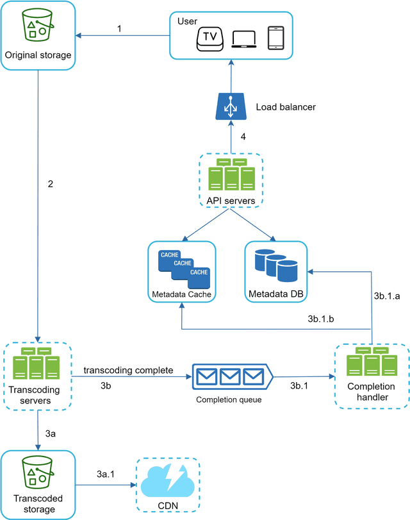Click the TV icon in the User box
(209, 38)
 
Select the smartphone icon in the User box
(275, 38)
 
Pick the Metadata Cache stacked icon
(183, 265)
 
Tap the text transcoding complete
(128, 371)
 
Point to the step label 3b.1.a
(387, 296)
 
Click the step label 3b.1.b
(322, 319)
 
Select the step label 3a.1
(106, 474)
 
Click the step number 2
(51, 184)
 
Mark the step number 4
(243, 136)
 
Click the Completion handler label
(371, 392)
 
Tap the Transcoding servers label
(37, 396)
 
